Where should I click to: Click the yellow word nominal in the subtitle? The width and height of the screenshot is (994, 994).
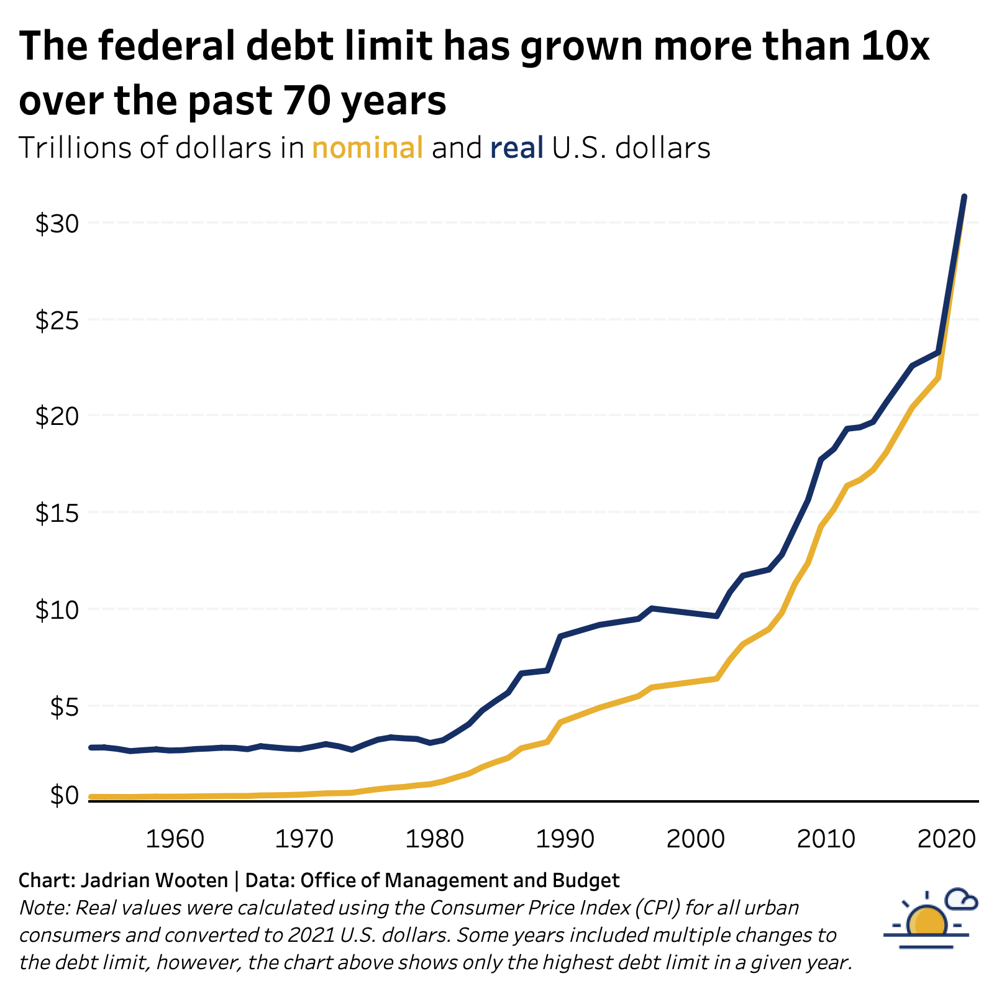[368, 148]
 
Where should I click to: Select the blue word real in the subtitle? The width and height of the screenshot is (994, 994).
[516, 148]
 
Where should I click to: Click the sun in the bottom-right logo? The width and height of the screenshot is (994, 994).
[926, 921]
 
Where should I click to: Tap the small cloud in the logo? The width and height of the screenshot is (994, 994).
[960, 900]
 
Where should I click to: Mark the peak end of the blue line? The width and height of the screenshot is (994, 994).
[964, 197]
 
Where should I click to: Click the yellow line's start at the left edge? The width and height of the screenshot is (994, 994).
[91, 796]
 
